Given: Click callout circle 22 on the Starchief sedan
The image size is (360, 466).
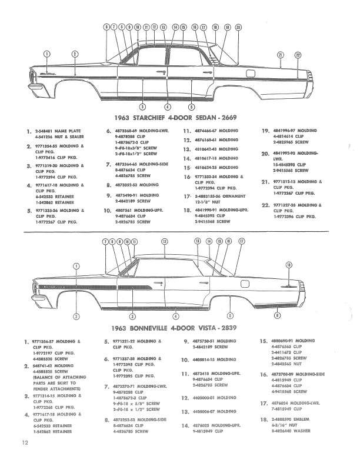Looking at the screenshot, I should (298, 55).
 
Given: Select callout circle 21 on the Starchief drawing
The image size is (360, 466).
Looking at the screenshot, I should (281, 55).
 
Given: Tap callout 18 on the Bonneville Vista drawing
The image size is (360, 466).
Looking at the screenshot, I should (288, 265).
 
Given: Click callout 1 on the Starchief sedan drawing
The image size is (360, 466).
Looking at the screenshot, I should (47, 54).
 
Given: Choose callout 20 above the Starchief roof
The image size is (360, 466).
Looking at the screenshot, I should (238, 27).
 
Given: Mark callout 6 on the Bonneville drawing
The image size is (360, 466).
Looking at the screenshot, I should (277, 316).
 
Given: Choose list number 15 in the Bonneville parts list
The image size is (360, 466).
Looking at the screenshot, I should (264, 341).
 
